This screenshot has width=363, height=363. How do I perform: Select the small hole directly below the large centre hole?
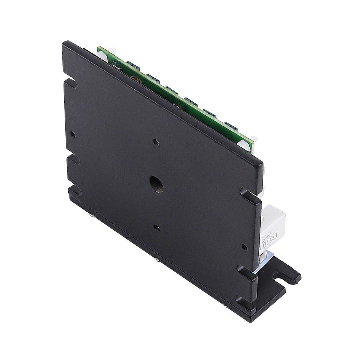click(x=156, y=228)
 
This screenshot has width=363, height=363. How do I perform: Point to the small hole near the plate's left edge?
click(x=73, y=135)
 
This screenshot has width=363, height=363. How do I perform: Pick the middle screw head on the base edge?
click(x=156, y=260)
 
